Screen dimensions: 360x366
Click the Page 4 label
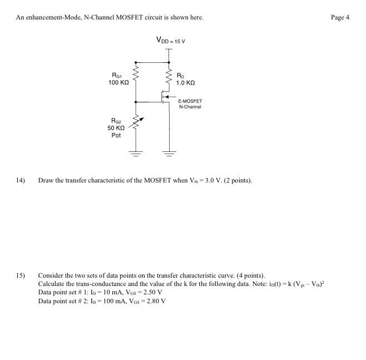339,17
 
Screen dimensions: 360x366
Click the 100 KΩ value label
119,82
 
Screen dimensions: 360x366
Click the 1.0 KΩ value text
186,82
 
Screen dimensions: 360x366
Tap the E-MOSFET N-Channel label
190,104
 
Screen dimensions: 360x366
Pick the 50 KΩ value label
117,127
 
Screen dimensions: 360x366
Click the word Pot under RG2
116,135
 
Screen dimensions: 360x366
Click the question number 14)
21,180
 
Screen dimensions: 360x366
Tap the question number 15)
21,275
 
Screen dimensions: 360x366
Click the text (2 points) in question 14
238,180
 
